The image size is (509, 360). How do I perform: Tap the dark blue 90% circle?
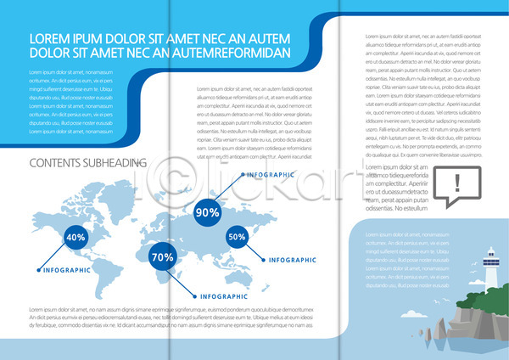(x=208, y=212)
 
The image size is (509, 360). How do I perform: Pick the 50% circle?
(x=237, y=238)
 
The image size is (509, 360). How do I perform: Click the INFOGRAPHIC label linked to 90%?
(x=271, y=174)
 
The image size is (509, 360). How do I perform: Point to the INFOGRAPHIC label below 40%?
(x=67, y=270)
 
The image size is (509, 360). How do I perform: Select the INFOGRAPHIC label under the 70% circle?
(x=231, y=295)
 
